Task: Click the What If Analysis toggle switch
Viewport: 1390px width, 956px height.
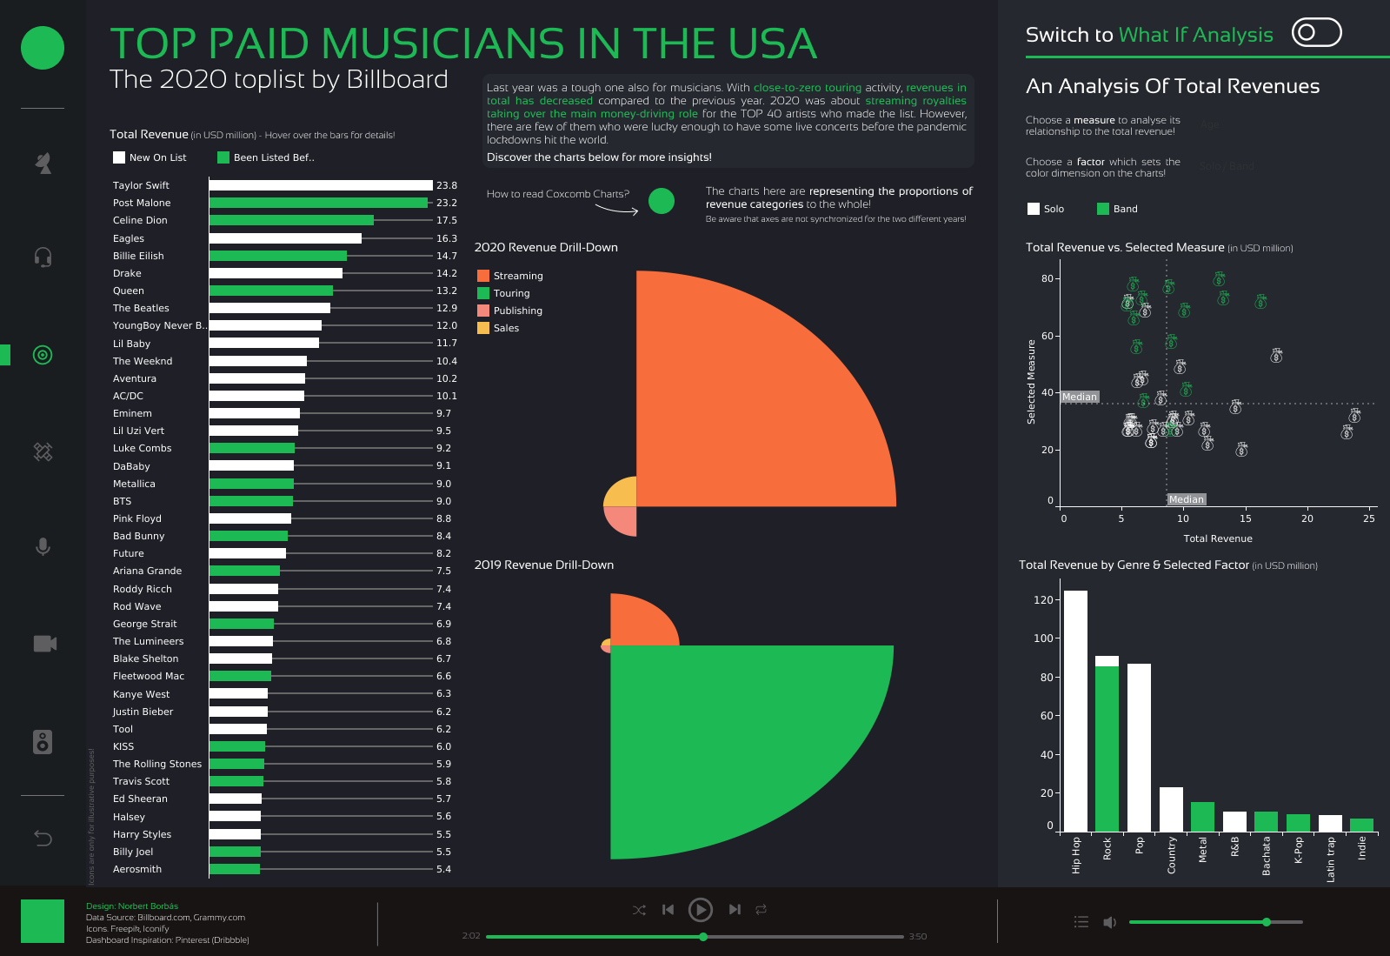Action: (x=1316, y=33)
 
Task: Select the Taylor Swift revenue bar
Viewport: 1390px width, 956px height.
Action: (x=321, y=185)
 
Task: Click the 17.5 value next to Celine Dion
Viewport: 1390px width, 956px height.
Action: (x=446, y=221)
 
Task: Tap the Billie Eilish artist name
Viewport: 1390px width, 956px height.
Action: (x=138, y=256)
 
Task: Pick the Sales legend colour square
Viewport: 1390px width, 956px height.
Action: (x=483, y=328)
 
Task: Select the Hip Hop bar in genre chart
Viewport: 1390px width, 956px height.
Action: (x=1075, y=711)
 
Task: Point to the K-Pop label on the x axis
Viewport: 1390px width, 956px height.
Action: (x=1298, y=850)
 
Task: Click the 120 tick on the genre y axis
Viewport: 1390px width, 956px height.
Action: (x=1042, y=600)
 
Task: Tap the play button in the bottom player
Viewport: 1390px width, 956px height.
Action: (x=700, y=910)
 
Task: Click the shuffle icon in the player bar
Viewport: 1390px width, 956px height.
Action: (x=639, y=910)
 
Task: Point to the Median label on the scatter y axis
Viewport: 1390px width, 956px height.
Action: (x=1080, y=397)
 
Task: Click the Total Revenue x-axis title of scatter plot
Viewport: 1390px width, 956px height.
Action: (x=1217, y=538)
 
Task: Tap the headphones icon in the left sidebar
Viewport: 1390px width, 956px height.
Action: (x=43, y=257)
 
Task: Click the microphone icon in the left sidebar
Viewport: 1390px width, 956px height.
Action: (x=43, y=547)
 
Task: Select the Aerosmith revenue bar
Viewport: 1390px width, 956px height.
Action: (x=235, y=869)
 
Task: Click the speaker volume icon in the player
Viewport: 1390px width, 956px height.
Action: (x=1109, y=922)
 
